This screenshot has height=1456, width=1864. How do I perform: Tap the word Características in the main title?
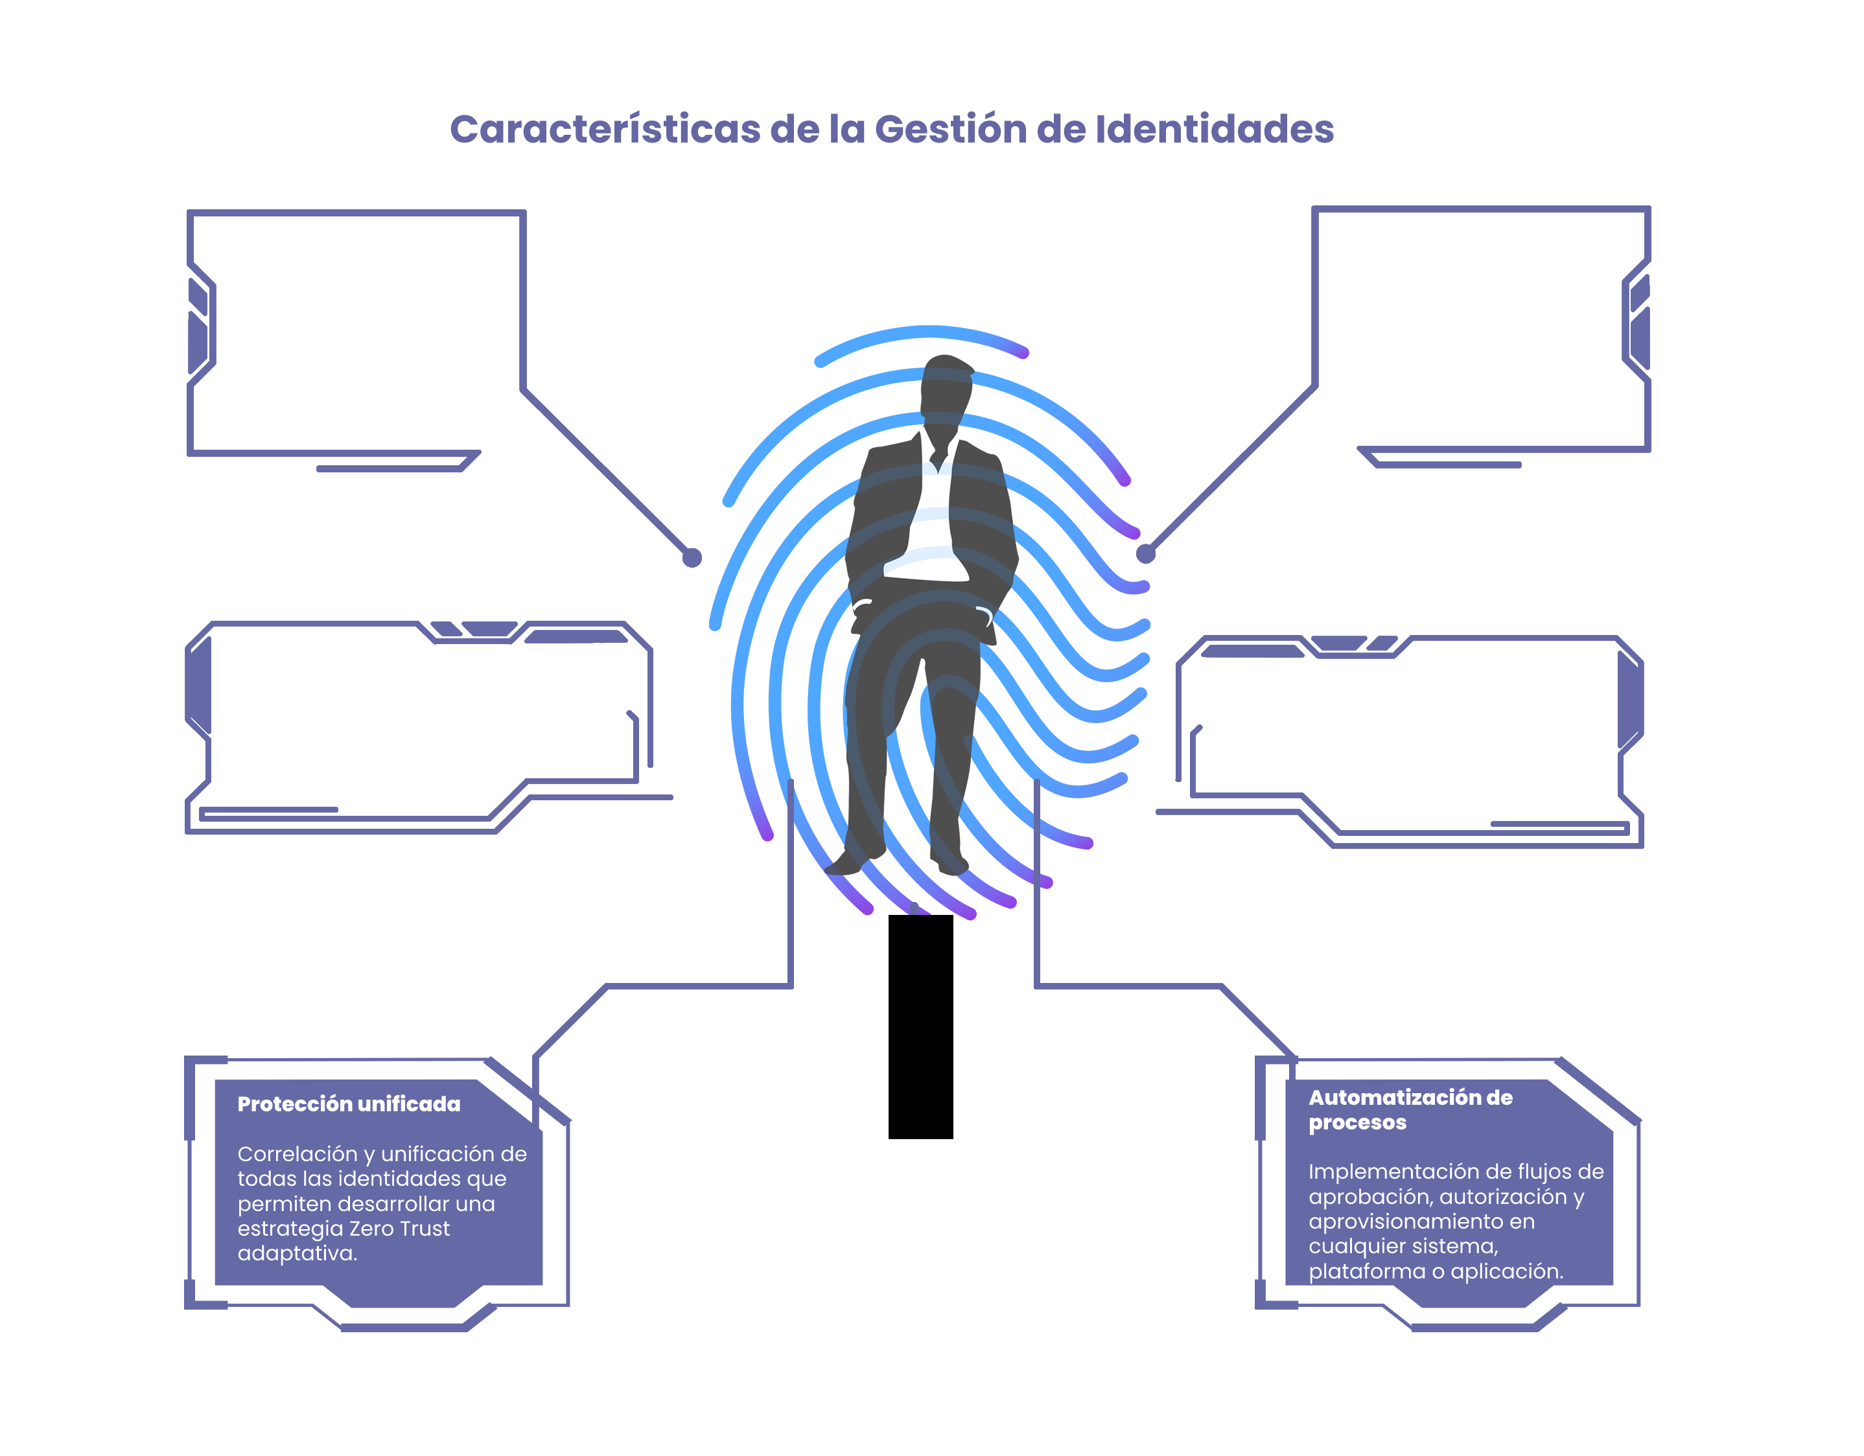coord(604,130)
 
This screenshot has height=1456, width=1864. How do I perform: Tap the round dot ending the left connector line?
coord(692,557)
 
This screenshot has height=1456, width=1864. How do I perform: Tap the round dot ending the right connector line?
coord(1145,554)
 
